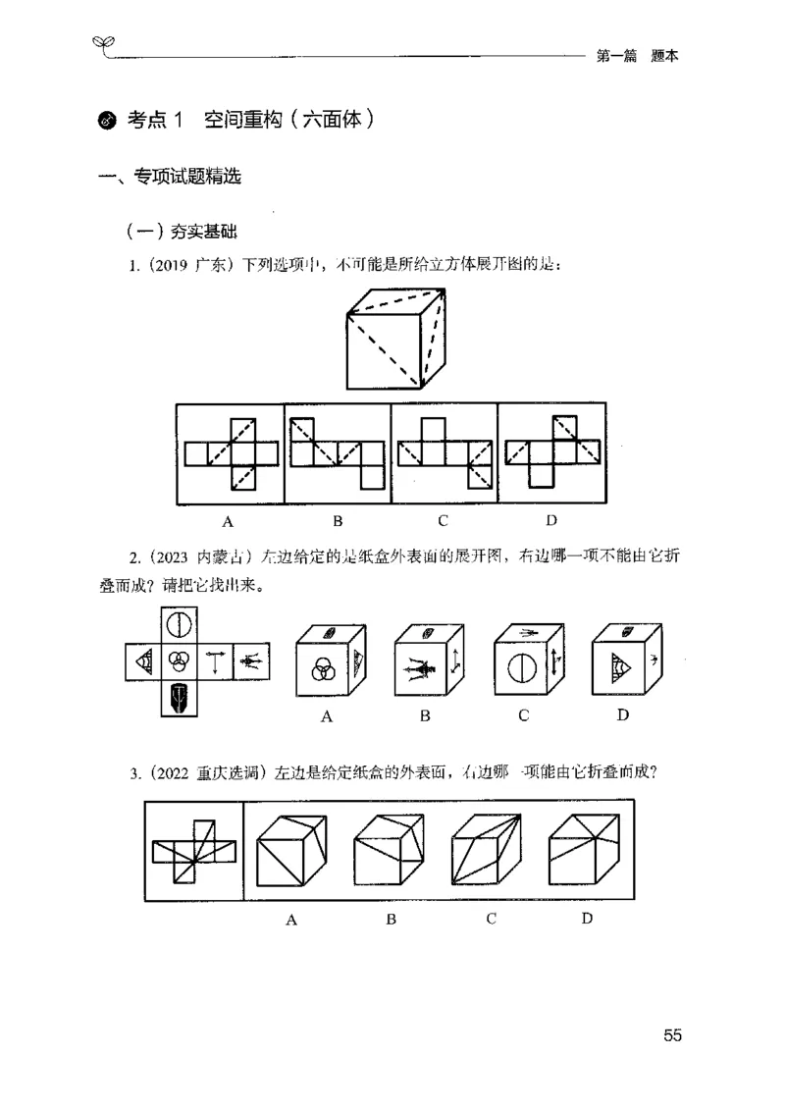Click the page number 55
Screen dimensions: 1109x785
(x=672, y=1035)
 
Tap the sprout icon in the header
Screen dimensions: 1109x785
(x=103, y=43)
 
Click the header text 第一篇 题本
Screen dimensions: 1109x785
(x=638, y=57)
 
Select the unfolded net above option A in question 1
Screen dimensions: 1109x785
(x=232, y=452)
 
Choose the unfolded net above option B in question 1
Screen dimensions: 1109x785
(x=338, y=452)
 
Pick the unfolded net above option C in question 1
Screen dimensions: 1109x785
(x=444, y=452)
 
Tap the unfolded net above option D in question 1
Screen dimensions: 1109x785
(x=551, y=452)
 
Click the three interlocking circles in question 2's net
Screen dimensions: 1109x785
(x=179, y=660)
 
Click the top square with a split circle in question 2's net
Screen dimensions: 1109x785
(x=179, y=624)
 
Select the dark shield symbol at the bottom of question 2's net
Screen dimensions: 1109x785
(x=179, y=698)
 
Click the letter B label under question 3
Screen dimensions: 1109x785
(x=391, y=920)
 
